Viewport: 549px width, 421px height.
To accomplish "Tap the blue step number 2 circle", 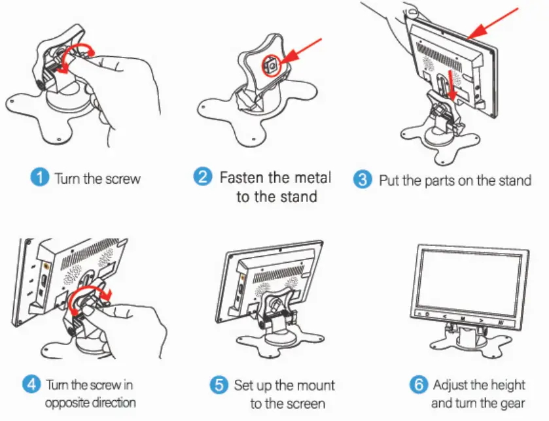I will pyautogui.click(x=204, y=177).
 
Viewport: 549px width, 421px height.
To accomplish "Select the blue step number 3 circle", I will pyautogui.click(x=363, y=180).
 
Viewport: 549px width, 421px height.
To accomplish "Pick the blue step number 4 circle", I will pyautogui.click(x=31, y=384).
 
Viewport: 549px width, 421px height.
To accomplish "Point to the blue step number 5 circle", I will pyautogui.click(x=220, y=384).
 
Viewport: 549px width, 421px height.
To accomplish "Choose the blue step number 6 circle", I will pyautogui.click(x=419, y=384).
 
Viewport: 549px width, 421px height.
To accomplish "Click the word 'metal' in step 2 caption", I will pyautogui.click(x=312, y=177).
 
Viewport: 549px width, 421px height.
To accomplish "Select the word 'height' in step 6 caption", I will pyautogui.click(x=506, y=384).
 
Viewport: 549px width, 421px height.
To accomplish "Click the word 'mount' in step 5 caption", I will pyautogui.click(x=312, y=385).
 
